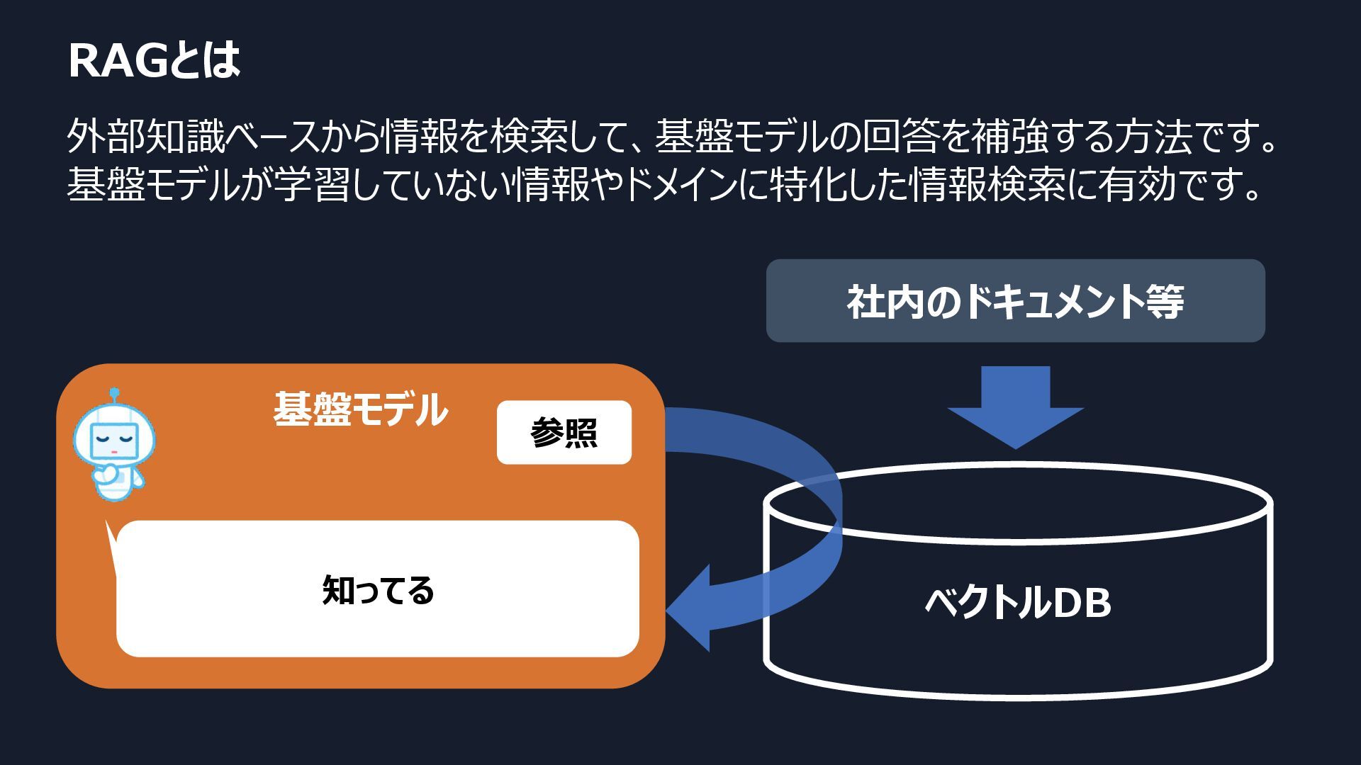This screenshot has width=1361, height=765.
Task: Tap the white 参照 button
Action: coord(564,432)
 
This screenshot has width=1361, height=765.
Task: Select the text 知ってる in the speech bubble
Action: coord(378,590)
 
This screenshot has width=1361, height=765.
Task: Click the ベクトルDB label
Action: coord(1018,603)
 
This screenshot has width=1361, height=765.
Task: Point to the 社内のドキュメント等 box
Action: coord(1015,301)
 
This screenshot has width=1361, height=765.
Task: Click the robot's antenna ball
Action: coord(114,392)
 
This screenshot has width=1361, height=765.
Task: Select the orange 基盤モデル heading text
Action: coord(360,409)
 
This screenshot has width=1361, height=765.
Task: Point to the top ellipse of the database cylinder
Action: coord(1018,503)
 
